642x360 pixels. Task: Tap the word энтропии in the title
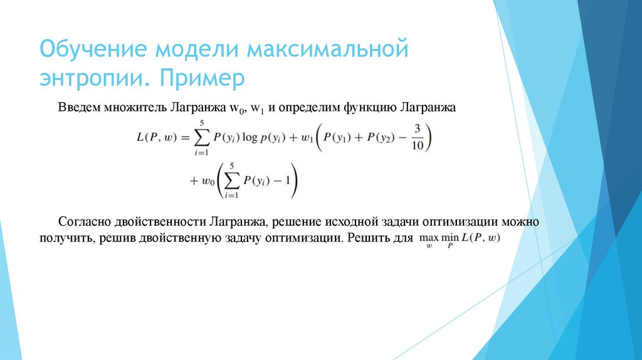click(x=92, y=79)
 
